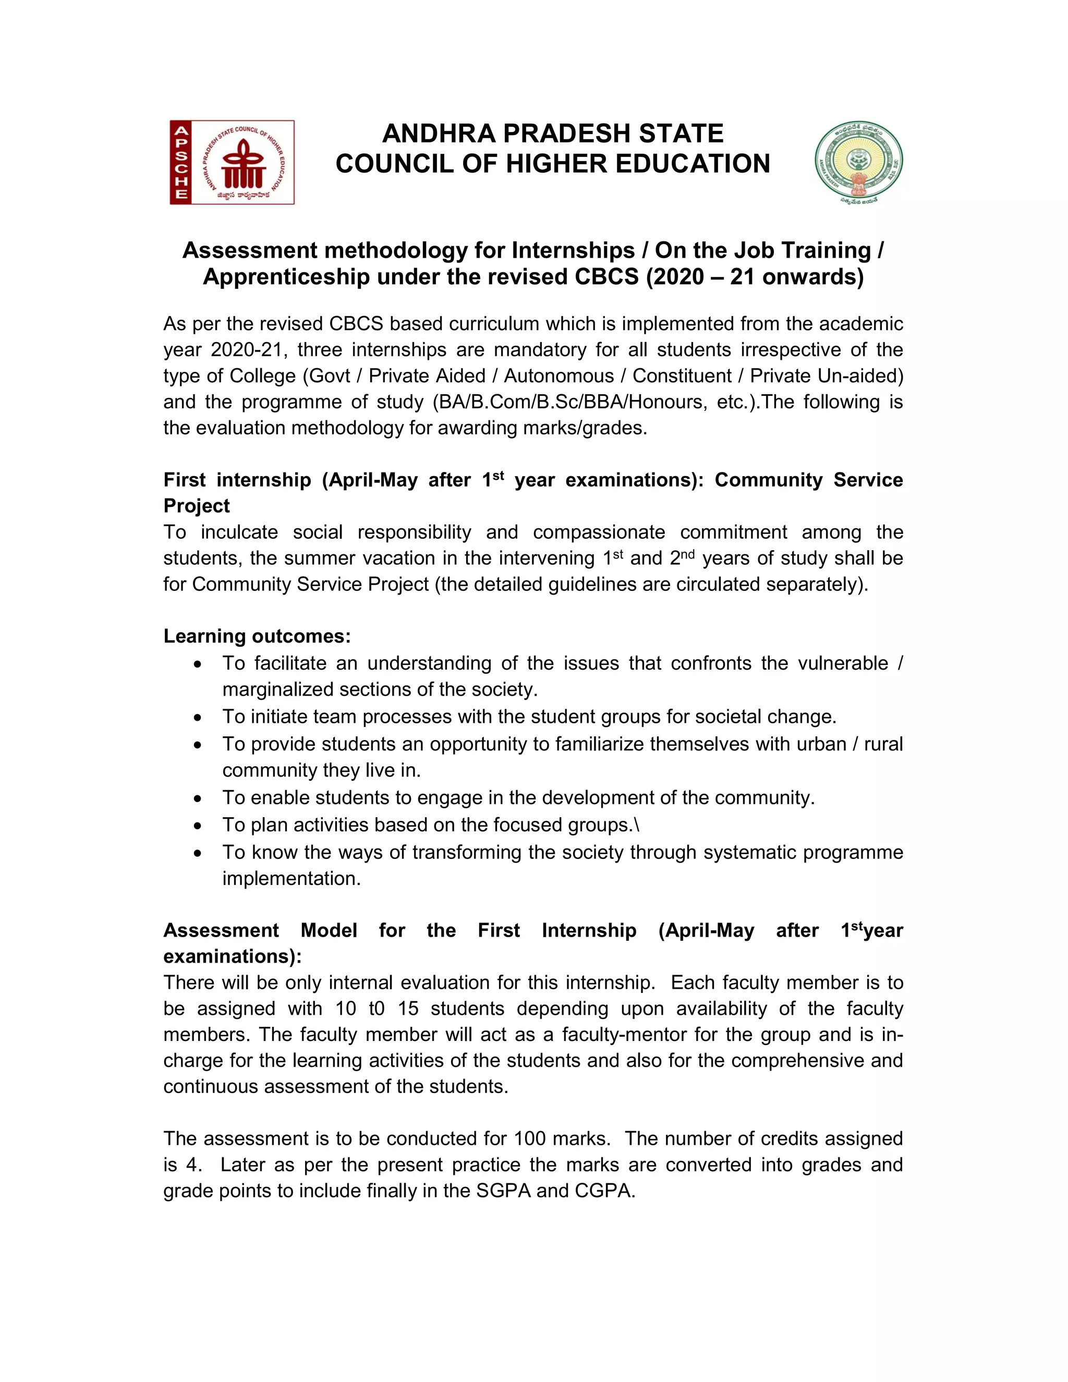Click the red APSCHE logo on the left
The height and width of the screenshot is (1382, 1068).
[x=232, y=162]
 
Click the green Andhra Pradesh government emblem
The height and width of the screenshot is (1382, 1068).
[x=858, y=162]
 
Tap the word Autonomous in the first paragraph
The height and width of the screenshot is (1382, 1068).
[x=559, y=376]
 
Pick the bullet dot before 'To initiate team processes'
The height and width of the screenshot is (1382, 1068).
[x=199, y=718]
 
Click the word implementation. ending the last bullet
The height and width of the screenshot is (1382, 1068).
[x=291, y=879]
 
